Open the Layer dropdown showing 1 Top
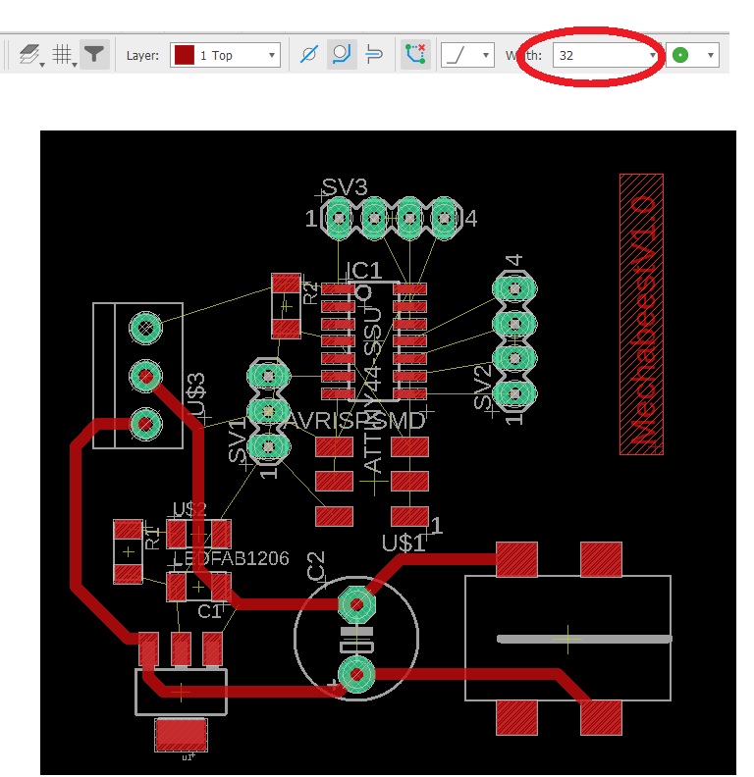[x=225, y=56]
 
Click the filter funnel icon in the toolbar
[x=93, y=55]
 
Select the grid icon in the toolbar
[x=63, y=56]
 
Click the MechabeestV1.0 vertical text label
[x=641, y=314]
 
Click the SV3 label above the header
[x=345, y=187]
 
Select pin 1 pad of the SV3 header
[x=339, y=217]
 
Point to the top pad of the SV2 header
[x=513, y=288]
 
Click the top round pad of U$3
[x=145, y=328]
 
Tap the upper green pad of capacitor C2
[x=356, y=602]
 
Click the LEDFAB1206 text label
[x=232, y=558]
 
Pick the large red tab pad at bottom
[x=182, y=732]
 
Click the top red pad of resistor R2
[x=286, y=284]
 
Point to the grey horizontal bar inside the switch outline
[x=584, y=639]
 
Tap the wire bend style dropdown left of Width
[x=465, y=56]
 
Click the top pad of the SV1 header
[x=267, y=375]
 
